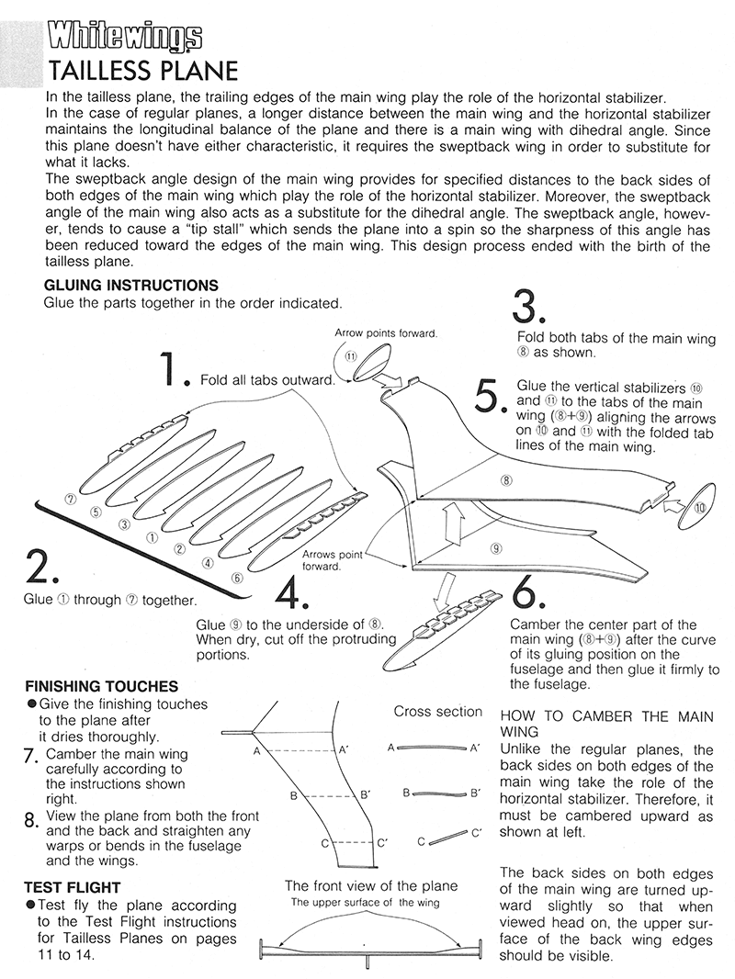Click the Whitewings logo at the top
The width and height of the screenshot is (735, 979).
tap(124, 37)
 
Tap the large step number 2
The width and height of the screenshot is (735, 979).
tap(42, 568)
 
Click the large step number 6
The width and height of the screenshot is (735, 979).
tap(529, 594)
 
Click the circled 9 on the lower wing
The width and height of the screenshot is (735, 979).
tap(495, 548)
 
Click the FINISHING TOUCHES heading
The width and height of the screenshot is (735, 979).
tap(102, 686)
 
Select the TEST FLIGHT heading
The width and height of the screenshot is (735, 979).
tap(73, 887)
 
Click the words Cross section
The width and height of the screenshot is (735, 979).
tap(437, 711)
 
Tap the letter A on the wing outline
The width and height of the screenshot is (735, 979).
tap(257, 751)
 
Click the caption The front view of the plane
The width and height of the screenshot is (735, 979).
tap(371, 886)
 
